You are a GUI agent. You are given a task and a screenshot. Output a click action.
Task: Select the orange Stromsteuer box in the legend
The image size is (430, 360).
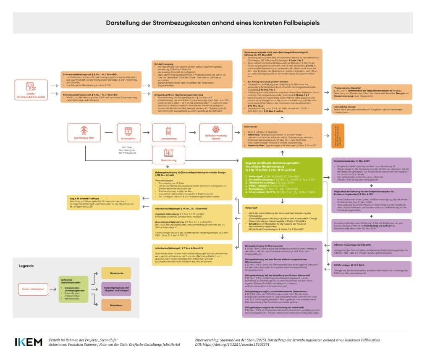(116, 305)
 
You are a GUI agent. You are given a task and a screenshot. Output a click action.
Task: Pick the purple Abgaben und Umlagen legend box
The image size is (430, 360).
(116, 289)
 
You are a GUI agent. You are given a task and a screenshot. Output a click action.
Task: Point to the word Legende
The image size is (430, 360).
(26, 266)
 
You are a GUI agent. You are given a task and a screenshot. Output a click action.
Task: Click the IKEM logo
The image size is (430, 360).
(29, 342)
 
